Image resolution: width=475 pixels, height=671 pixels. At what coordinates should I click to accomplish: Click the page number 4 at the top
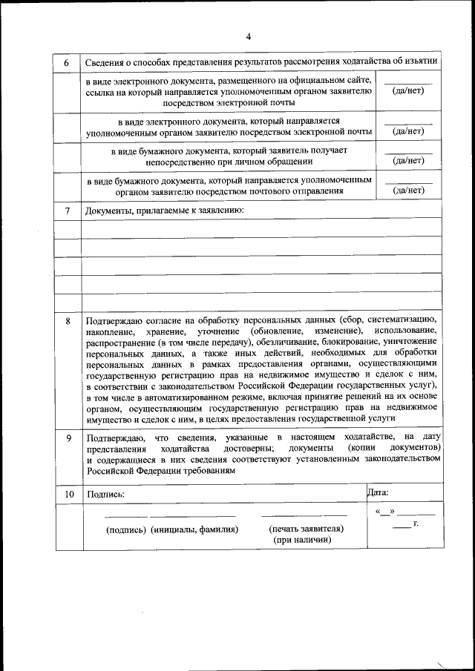[x=249, y=36]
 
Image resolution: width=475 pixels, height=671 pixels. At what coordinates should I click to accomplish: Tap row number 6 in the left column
[x=67, y=62]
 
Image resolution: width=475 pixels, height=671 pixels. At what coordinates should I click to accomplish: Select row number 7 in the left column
[x=67, y=211]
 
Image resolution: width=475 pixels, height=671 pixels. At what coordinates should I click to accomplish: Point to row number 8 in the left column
[x=68, y=321]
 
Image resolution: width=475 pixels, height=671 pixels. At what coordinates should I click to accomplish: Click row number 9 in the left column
[x=68, y=438]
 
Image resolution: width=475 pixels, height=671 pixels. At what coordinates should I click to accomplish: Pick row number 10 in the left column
[x=68, y=493]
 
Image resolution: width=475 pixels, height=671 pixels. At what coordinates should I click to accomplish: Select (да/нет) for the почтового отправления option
[x=408, y=191]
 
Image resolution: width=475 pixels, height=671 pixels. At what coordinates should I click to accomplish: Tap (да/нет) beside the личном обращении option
[x=408, y=160]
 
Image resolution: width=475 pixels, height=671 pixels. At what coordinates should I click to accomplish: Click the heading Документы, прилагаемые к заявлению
[x=164, y=211]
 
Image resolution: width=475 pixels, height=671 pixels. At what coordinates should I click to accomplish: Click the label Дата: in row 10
[x=379, y=492]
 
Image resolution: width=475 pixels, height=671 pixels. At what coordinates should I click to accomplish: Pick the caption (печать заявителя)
[x=306, y=529]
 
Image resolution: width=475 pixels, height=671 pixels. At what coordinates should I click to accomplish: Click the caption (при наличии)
[x=302, y=541]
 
